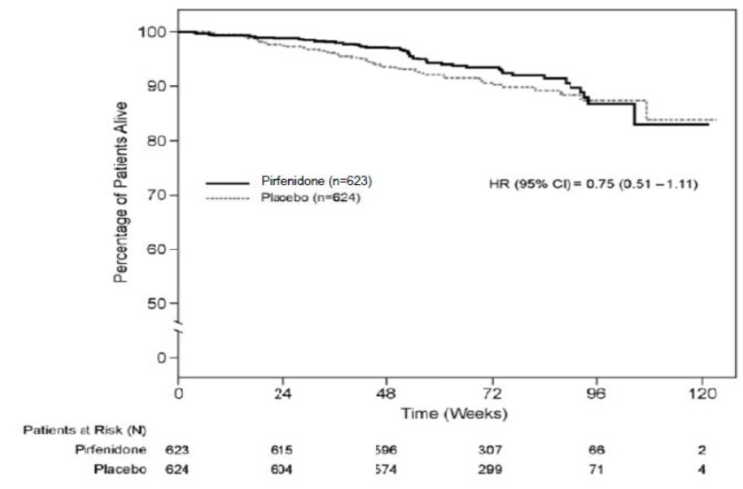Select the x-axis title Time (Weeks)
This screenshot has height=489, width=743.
pyautogui.click(x=440, y=413)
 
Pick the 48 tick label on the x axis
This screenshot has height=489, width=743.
pyautogui.click(x=387, y=395)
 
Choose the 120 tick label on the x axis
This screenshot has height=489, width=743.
pyautogui.click(x=701, y=395)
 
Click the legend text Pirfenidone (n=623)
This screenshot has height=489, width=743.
pyautogui.click(x=311, y=182)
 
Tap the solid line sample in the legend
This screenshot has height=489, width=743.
pyautogui.click(x=228, y=182)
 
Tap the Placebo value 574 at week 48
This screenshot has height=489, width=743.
pyautogui.click(x=387, y=468)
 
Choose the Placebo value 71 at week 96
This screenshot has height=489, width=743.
pyautogui.click(x=597, y=468)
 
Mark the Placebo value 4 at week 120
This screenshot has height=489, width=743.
pyautogui.click(x=701, y=468)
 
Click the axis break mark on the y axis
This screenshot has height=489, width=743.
pyautogui.click(x=179, y=330)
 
